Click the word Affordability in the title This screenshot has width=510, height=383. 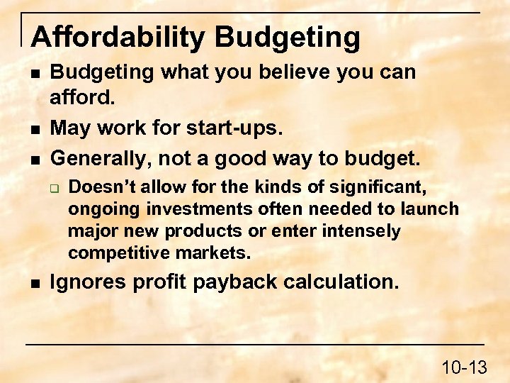click(117, 37)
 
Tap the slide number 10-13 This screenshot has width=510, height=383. click(464, 367)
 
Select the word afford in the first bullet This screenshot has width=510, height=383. click(79, 96)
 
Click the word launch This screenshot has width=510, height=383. click(433, 209)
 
